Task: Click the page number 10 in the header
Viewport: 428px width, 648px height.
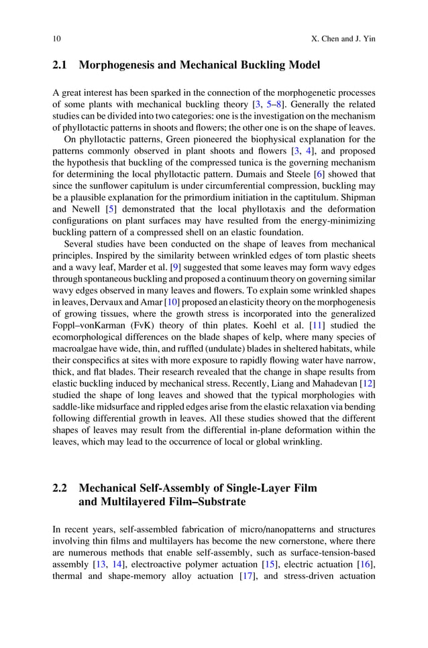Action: pos(56,39)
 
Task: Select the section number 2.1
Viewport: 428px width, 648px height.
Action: pos(60,66)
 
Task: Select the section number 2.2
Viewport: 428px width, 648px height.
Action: pos(60,489)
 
